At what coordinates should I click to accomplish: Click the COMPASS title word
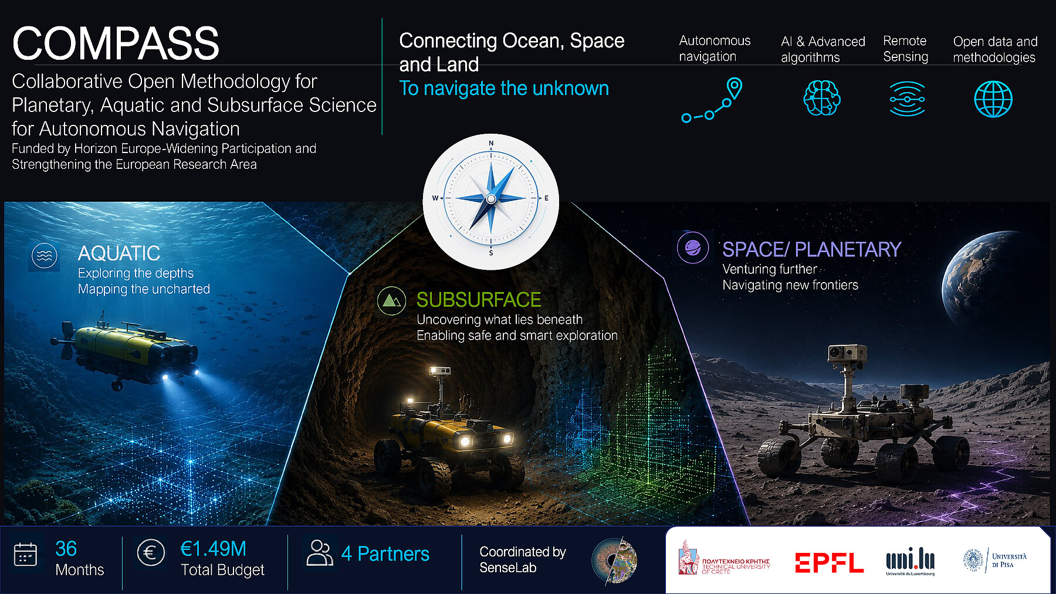pos(116,43)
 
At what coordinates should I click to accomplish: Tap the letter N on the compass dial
pos(491,143)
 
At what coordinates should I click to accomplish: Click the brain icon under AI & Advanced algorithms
pos(821,98)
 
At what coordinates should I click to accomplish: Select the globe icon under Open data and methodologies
pos(993,99)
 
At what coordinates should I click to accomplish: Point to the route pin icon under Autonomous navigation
pos(712,100)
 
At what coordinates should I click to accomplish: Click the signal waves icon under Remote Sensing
pos(907,99)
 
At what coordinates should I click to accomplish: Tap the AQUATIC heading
pos(119,253)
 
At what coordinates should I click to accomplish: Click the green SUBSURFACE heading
pos(479,300)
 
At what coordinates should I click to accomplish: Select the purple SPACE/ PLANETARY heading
pos(811,249)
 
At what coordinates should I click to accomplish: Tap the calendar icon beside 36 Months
pos(25,554)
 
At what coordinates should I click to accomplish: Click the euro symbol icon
pos(150,552)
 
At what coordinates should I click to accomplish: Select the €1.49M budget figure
pos(213,549)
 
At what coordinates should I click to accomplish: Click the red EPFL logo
pos(829,563)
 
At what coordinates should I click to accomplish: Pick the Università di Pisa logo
pos(995,560)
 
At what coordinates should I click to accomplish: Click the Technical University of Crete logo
pos(724,559)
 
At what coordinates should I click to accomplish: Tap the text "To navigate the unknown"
pos(504,88)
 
